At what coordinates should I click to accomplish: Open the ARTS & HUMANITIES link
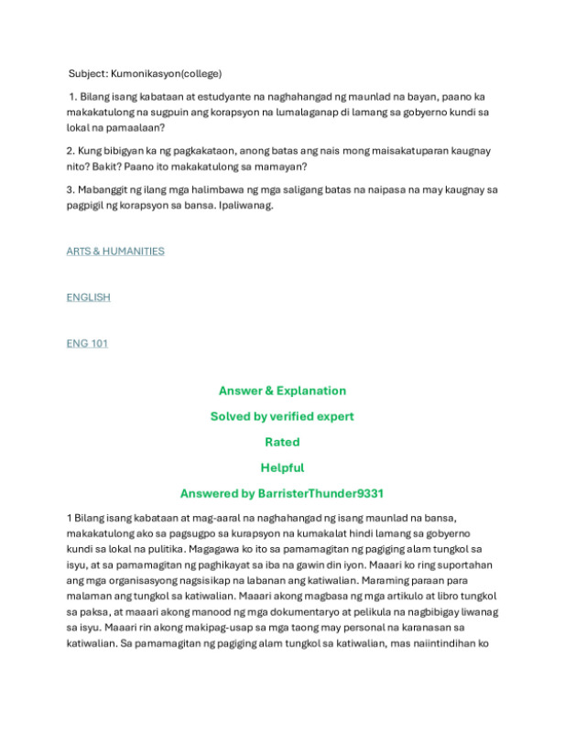115,251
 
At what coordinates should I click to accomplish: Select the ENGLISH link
88,297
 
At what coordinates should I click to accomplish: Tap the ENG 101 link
87,343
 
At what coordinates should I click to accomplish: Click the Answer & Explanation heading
282,391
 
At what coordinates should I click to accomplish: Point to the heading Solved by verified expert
282,416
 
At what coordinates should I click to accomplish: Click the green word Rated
282,442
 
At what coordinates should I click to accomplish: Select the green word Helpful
282,468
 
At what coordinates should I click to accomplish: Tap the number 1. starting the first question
72,96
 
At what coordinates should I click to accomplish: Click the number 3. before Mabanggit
71,189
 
